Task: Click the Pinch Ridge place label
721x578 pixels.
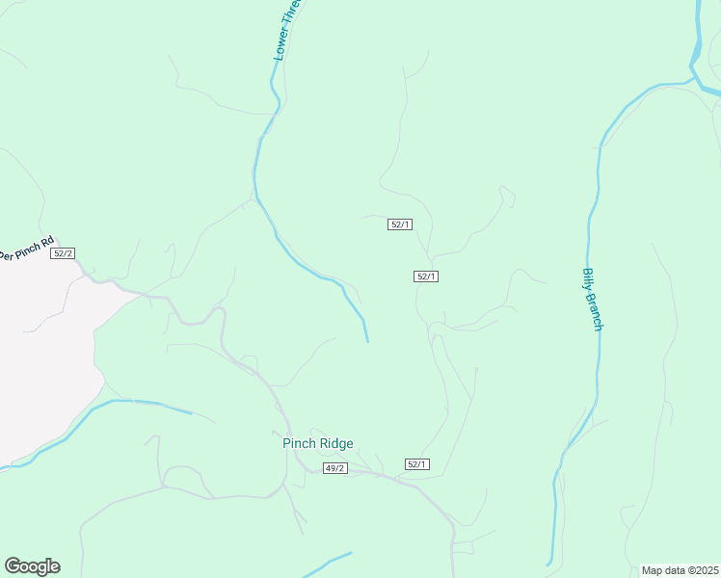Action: pyautogui.click(x=317, y=443)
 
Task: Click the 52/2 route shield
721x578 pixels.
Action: pyautogui.click(x=63, y=253)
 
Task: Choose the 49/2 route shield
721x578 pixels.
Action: pyautogui.click(x=334, y=468)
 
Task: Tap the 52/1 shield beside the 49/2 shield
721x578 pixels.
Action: pyautogui.click(x=416, y=464)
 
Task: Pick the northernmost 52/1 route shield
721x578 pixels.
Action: pyautogui.click(x=400, y=224)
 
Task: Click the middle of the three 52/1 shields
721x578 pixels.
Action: pyautogui.click(x=426, y=276)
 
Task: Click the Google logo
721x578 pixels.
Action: pyautogui.click(x=32, y=566)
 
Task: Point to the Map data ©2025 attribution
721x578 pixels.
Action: pyautogui.click(x=680, y=570)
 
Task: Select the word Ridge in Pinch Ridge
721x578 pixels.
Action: pyautogui.click(x=336, y=443)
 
